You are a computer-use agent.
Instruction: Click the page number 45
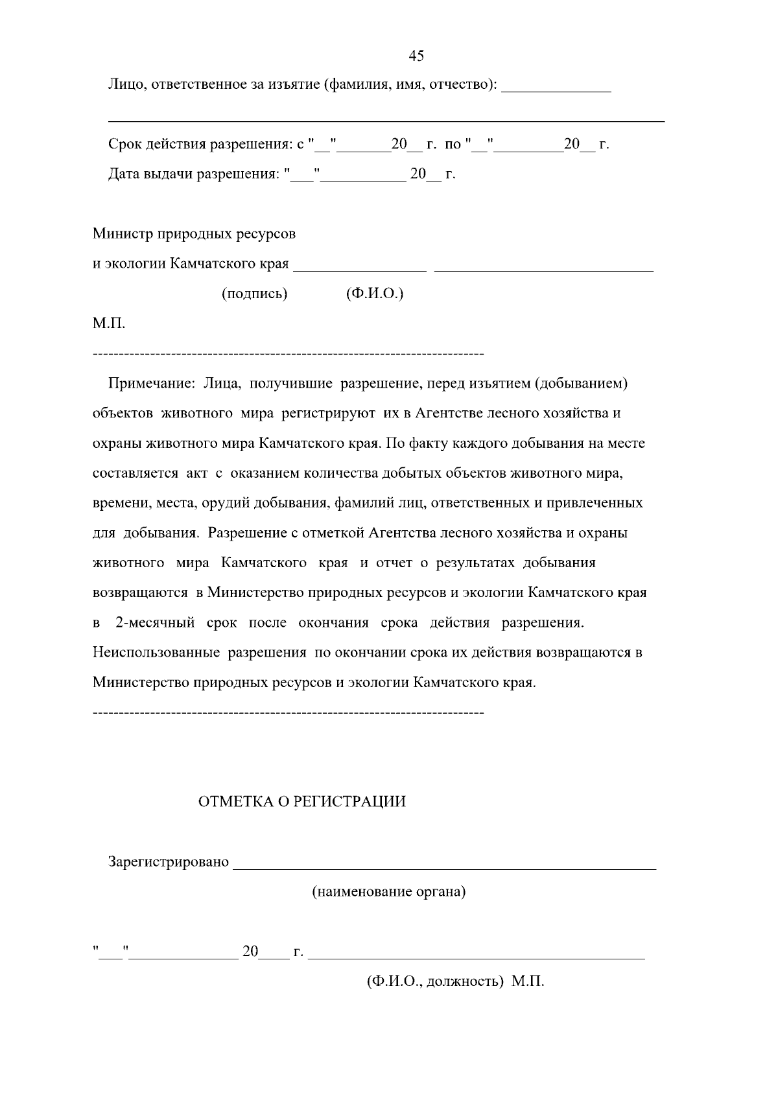point(416,56)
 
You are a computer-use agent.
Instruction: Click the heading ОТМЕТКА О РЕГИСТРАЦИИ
point(301,802)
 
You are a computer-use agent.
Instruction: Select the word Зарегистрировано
point(169,862)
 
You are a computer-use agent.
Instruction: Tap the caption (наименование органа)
point(389,892)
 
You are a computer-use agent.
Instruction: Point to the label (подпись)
point(254,294)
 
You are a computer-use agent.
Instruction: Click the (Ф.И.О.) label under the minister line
point(375,294)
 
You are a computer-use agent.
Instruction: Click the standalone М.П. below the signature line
point(109,323)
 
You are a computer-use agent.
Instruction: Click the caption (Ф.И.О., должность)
point(435,981)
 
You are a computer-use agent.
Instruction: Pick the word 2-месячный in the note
point(155,623)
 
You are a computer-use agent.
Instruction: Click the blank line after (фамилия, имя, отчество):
point(556,89)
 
